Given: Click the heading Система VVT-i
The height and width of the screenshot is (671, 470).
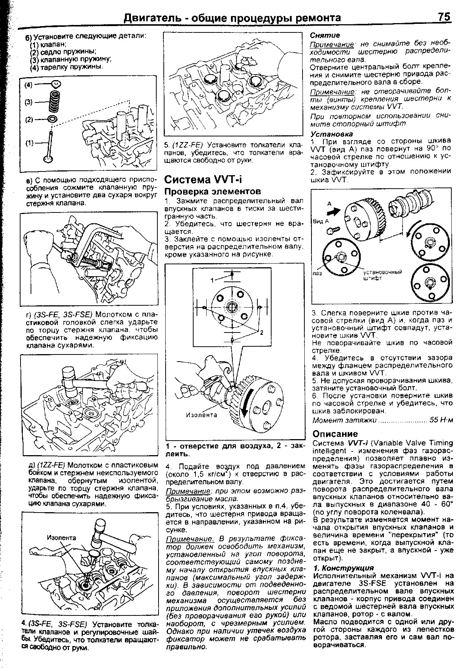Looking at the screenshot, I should pyautogui.click(x=203, y=180).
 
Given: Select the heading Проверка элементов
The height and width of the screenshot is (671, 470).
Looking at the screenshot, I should pyautogui.click(x=213, y=192).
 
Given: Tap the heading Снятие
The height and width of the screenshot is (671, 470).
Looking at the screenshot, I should pyautogui.click(x=325, y=35).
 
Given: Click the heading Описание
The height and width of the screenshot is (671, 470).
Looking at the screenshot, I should pyautogui.click(x=335, y=434).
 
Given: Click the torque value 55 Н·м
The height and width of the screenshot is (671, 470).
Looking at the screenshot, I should pyautogui.click(x=441, y=420).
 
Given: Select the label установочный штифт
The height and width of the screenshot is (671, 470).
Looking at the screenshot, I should pyautogui.click(x=383, y=275).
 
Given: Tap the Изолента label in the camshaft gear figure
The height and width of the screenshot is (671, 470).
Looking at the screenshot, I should pyautogui.click(x=201, y=415).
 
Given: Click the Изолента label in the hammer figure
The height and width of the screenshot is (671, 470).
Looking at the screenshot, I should pyautogui.click(x=61, y=538).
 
